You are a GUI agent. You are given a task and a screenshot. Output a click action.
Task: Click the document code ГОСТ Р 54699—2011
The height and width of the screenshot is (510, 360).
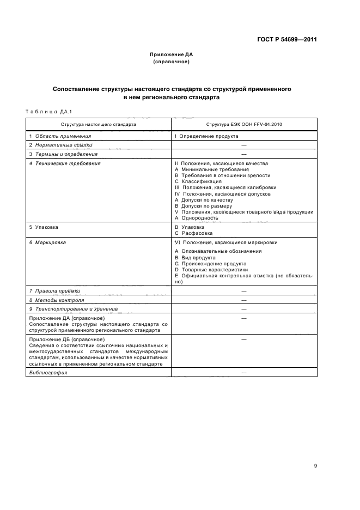[287, 40]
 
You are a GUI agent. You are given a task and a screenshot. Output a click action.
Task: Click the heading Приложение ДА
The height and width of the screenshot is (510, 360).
[172, 55]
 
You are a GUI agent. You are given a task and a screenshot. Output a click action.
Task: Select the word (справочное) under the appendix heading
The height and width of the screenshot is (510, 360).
[172, 62]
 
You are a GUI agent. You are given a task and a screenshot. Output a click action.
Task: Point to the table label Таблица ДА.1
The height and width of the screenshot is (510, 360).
[46, 112]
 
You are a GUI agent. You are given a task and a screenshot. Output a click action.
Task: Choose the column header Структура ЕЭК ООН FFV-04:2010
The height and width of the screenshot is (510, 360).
[244, 124]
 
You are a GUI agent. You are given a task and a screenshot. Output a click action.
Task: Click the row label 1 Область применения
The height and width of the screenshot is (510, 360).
[60, 136]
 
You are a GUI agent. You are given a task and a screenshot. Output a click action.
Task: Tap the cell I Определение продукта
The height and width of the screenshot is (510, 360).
[206, 136]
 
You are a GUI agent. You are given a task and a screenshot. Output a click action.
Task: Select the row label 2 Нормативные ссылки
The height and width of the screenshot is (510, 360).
[60, 145]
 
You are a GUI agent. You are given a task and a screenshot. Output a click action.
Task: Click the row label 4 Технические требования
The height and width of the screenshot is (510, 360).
[65, 163]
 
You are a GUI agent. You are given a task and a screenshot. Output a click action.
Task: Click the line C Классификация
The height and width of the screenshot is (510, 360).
[198, 181]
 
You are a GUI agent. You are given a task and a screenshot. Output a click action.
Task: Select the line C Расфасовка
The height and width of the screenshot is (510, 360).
[193, 233]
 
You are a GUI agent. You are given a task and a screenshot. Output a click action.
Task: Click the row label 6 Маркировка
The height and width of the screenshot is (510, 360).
[47, 242]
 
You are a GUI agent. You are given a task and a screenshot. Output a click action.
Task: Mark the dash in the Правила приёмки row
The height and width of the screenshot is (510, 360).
[244, 292]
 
